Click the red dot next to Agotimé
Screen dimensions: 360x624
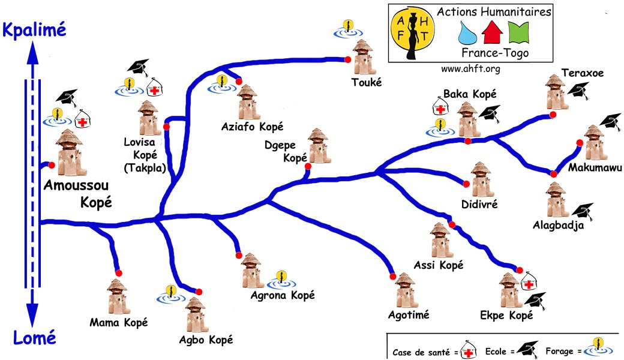pyautogui.click(x=393, y=277)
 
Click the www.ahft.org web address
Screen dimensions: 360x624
pyautogui.click(x=470, y=68)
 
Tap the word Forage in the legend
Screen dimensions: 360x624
pyautogui.click(x=559, y=351)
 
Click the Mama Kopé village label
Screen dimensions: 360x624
pyautogui.click(x=118, y=322)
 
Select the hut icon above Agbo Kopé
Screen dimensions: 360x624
pyautogui.click(x=195, y=313)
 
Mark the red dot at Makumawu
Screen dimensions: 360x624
pyautogui.click(x=580, y=143)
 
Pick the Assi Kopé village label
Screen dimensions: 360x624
pyautogui.click(x=439, y=265)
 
